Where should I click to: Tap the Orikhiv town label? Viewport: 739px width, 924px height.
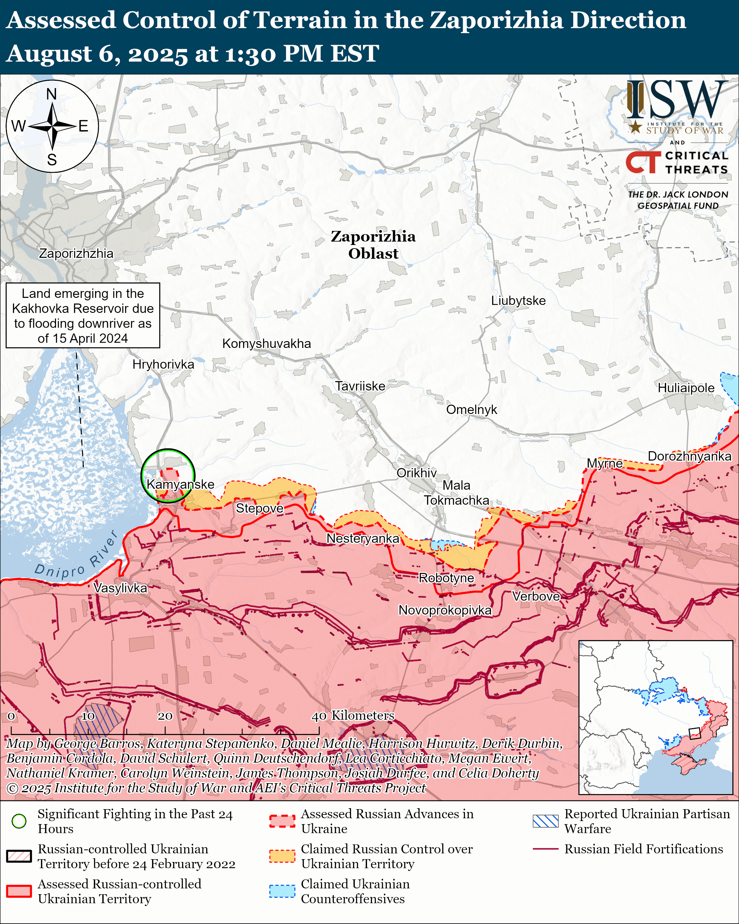(416, 473)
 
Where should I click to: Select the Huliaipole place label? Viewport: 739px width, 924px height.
(686, 388)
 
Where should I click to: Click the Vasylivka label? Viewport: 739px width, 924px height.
(120, 588)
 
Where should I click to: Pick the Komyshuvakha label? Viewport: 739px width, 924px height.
(267, 343)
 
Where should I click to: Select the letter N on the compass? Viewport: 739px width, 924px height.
(51, 94)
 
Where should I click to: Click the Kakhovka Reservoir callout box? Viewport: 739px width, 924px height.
(83, 315)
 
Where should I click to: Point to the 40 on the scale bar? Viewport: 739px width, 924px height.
(319, 716)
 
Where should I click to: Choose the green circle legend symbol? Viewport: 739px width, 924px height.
(19, 821)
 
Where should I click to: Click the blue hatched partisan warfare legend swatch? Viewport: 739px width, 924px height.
(545, 821)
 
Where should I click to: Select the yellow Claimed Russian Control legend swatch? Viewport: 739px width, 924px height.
(282, 856)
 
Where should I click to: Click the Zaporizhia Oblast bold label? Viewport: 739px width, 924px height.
(373, 245)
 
